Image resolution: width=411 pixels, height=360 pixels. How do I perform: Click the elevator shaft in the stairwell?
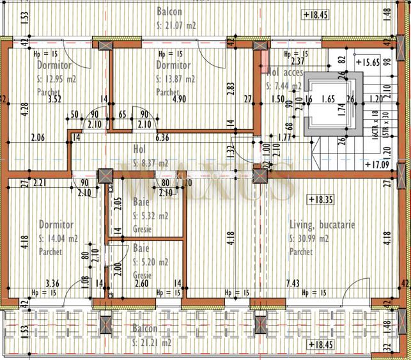tap(327, 104)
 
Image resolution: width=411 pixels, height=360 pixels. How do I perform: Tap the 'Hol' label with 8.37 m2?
tap(139, 149)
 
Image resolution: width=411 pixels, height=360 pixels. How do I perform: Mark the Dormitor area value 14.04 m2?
tap(59, 238)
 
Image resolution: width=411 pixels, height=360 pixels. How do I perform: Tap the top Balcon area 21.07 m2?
tap(176, 26)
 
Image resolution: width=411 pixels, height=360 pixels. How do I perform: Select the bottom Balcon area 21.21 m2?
tap(153, 342)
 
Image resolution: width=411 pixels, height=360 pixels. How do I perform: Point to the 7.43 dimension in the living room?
tap(293, 283)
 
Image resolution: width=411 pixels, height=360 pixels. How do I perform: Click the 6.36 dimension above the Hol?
tap(162, 137)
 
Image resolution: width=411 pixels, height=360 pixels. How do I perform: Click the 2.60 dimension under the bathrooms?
tap(142, 283)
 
